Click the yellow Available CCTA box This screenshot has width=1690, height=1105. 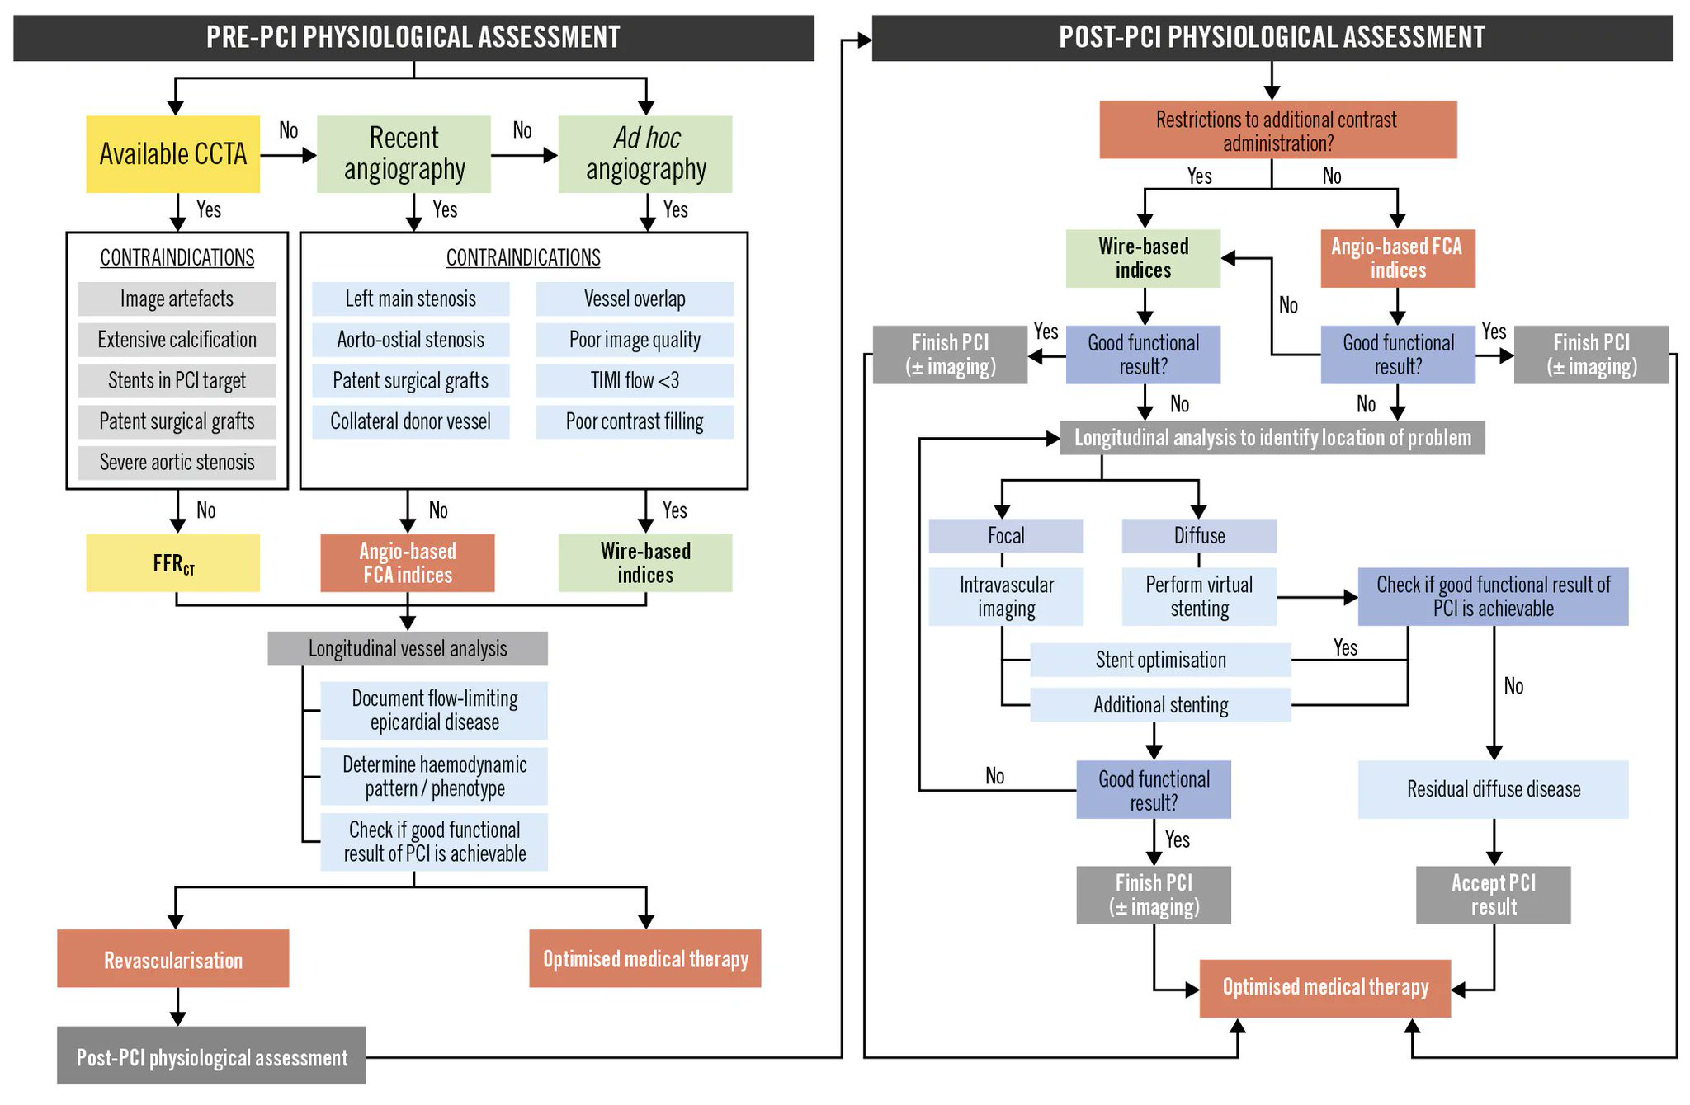pyautogui.click(x=172, y=154)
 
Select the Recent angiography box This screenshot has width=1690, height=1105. pyautogui.click(x=404, y=154)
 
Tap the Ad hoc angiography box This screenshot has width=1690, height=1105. pyautogui.click(x=645, y=154)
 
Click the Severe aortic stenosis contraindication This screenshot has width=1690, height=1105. pyautogui.click(x=177, y=463)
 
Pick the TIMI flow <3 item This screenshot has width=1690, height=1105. pyautogui.click(x=635, y=381)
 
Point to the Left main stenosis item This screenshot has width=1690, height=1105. pyautogui.click(x=410, y=299)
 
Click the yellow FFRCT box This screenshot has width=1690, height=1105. pyautogui.click(x=172, y=563)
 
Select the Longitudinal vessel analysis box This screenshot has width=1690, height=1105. pyautogui.click(x=407, y=649)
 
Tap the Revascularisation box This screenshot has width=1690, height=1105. pyautogui.click(x=172, y=959)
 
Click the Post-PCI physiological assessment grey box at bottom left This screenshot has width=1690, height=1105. pyautogui.click(x=211, y=1056)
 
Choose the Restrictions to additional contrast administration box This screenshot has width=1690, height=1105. pyautogui.click(x=1277, y=130)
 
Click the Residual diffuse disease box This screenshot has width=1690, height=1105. pyautogui.click(x=1493, y=789)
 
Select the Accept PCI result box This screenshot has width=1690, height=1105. pyautogui.click(x=1493, y=895)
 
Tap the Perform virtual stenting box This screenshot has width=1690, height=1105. pyautogui.click(x=1198, y=596)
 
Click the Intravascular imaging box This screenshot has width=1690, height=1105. pyautogui.click(x=1005, y=596)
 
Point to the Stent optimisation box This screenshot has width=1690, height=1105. pyautogui.click(x=1159, y=661)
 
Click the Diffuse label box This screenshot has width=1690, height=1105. pyautogui.click(x=1198, y=536)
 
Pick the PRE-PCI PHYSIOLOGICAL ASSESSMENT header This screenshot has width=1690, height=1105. pyautogui.click(x=413, y=38)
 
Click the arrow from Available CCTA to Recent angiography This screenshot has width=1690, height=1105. pyautogui.click(x=288, y=155)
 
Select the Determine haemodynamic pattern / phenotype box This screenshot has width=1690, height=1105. pyautogui.click(x=434, y=776)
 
